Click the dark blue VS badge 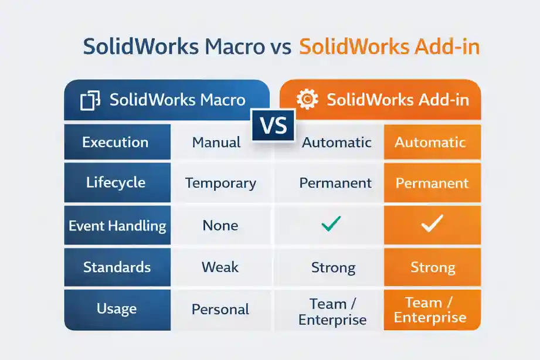[274, 125]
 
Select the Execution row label [116, 142]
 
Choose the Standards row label [117, 267]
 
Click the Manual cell [216, 142]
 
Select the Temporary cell [220, 183]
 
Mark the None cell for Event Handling [220, 225]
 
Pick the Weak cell [220, 267]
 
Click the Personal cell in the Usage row [220, 310]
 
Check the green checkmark [332, 224]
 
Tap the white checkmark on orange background [432, 223]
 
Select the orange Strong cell [433, 268]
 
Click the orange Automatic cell [430, 142]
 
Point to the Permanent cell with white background [335, 183]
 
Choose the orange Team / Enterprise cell [430, 310]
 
